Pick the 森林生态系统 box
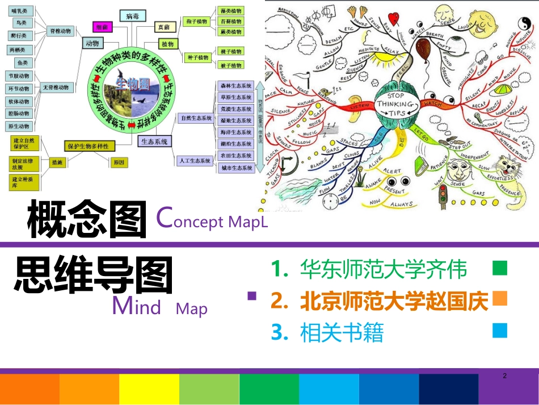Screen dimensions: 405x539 (236, 85)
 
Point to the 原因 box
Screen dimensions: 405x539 (119, 162)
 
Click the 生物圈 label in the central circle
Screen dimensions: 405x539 (132, 84)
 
